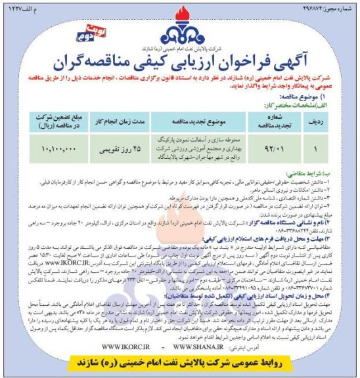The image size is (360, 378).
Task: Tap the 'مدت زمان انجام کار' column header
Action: [114, 121]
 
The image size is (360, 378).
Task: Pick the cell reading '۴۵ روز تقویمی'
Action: [114, 149]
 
